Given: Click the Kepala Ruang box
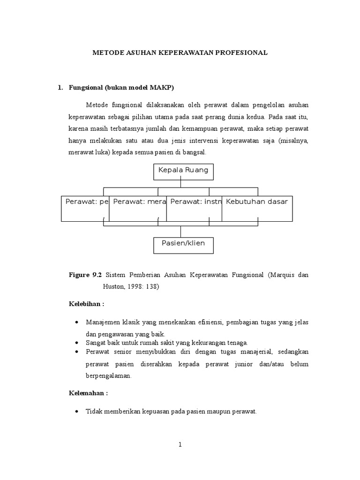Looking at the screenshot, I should pos(183,172).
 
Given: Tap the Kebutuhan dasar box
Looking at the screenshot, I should pos(257,208).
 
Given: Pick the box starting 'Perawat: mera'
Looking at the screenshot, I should pos(138,208).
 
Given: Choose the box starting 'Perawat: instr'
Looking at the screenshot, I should pos(194,208).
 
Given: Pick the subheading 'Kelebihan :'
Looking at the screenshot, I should pos(86,304).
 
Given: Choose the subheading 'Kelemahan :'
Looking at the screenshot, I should pos(88,393).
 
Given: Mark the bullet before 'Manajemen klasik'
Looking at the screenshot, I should pos(77,323).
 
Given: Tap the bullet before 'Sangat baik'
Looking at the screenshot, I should pos(77,343).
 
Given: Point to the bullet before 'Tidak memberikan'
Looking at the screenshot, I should pos(77,412).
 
